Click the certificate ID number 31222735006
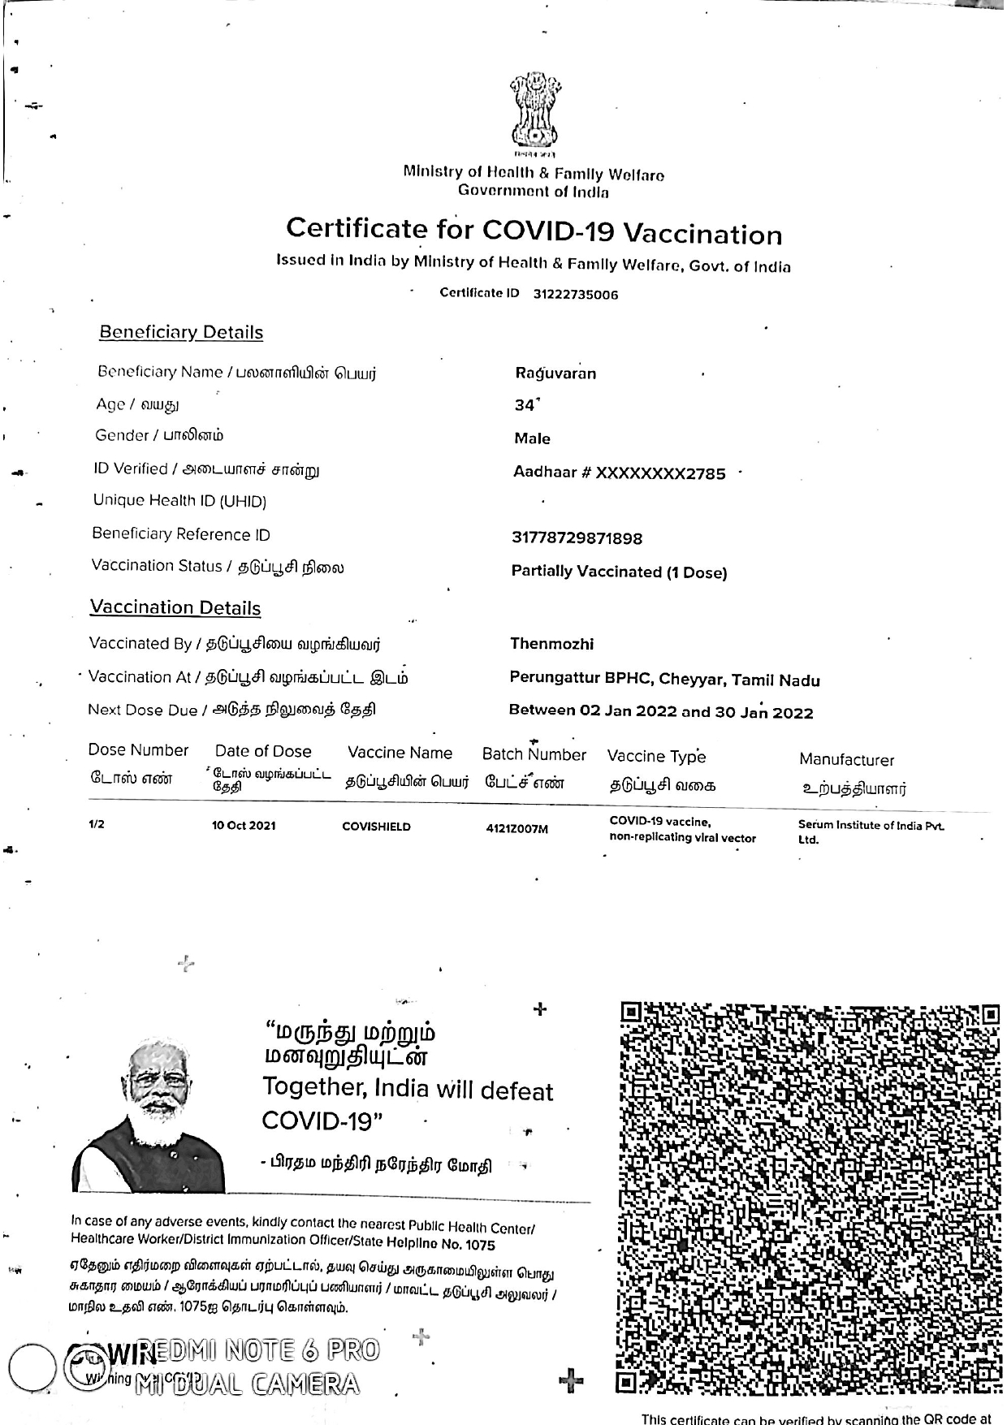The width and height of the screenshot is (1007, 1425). (575, 295)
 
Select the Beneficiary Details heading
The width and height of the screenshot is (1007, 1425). (181, 332)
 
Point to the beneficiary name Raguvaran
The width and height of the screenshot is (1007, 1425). (555, 374)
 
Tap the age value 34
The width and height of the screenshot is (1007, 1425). (525, 405)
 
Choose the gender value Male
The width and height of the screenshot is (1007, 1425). (532, 438)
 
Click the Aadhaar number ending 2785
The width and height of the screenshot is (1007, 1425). (620, 473)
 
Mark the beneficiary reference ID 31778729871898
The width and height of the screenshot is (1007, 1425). (577, 538)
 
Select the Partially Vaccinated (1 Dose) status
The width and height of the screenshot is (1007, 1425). (619, 572)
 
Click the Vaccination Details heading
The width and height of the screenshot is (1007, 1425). (175, 607)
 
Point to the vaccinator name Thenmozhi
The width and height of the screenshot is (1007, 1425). (551, 644)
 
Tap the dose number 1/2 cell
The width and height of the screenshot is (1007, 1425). (97, 824)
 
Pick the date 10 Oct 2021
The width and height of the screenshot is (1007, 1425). (244, 826)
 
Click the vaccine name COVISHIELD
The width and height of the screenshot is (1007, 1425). (376, 827)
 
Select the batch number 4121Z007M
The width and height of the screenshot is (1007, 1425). (516, 829)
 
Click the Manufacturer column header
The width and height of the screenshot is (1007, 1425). (846, 760)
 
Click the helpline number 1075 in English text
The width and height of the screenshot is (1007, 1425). (479, 1245)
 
